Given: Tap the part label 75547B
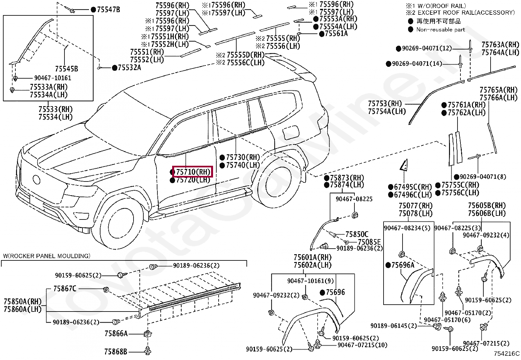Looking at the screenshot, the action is tap(108, 9).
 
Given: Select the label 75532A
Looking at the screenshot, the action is tap(129, 67).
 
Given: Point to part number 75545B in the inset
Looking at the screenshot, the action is tap(66, 69).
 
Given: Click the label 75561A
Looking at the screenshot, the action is tap(336, 34).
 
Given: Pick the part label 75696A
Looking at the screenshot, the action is tap(403, 265).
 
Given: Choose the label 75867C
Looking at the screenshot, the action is tap(65, 289).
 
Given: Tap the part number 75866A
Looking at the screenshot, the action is tap(116, 333).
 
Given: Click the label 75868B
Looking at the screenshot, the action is tap(116, 351).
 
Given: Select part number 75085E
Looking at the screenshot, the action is tap(369, 242).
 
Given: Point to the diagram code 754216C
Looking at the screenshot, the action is tap(507, 353).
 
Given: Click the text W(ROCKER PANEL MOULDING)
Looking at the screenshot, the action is tap(46, 256).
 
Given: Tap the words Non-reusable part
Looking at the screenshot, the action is tap(440, 29).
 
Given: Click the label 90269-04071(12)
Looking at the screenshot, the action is tap(426, 48).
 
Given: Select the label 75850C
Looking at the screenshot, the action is tap(357, 234).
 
